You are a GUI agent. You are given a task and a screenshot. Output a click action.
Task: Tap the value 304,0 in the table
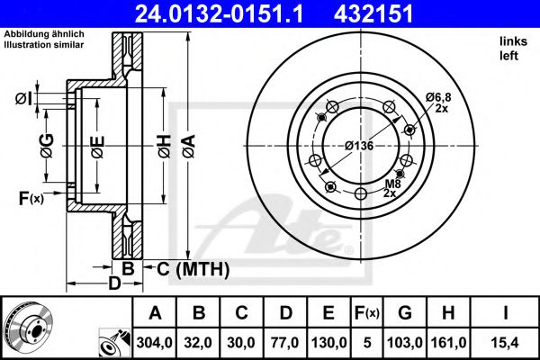tap(154, 342)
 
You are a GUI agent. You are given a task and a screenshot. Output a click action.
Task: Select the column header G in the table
tap(404, 313)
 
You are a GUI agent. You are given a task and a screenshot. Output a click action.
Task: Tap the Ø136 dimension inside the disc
tap(359, 146)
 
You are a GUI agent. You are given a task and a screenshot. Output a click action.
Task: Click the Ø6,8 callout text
tap(437, 96)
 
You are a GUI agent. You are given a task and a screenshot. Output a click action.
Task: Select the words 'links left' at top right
tap(509, 49)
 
